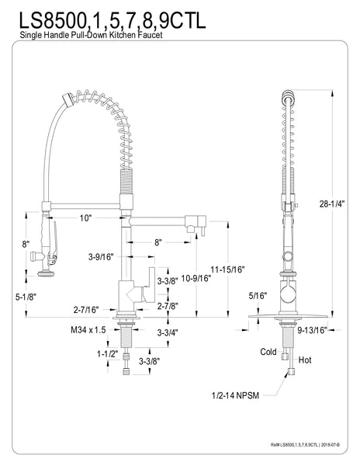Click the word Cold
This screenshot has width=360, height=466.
[269, 351]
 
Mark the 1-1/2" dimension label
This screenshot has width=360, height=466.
[108, 353]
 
